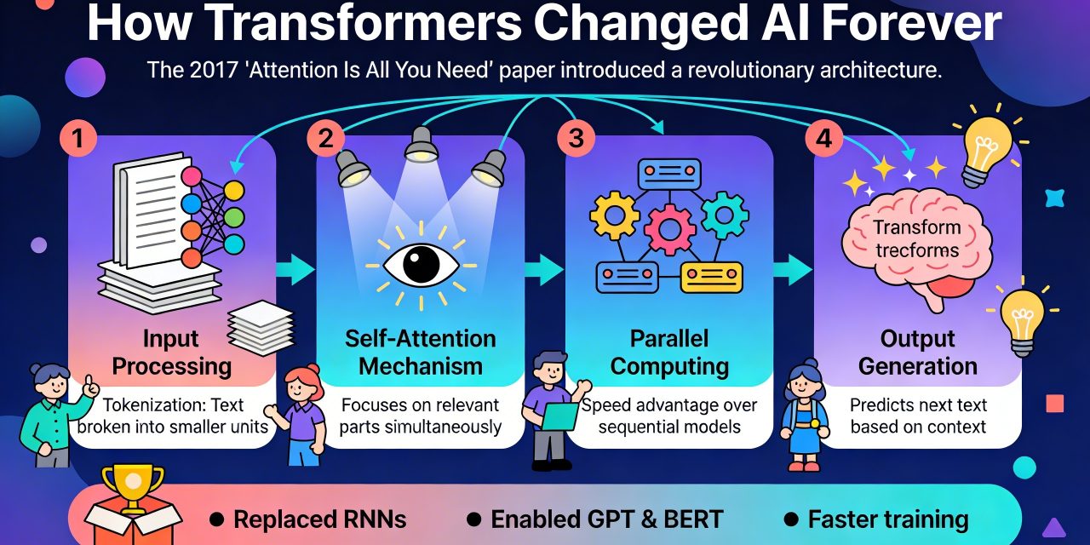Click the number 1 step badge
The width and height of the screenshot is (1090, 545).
tap(77, 138)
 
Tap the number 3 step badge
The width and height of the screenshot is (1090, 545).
tap(577, 138)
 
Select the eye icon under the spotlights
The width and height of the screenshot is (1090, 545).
tap(421, 266)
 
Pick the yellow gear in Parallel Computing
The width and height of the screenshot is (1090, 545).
tap(615, 215)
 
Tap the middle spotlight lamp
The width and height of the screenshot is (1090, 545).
tap(421, 145)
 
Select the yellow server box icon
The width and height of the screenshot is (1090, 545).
tap(711, 278)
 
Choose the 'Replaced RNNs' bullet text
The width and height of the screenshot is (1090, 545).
tap(319, 519)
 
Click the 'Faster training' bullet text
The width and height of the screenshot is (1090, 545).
tap(888, 519)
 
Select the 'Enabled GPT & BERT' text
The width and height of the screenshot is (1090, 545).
tap(607, 519)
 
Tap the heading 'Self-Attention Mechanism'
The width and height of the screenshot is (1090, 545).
tap(421, 353)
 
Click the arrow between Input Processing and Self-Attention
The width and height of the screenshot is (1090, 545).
tap(295, 269)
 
